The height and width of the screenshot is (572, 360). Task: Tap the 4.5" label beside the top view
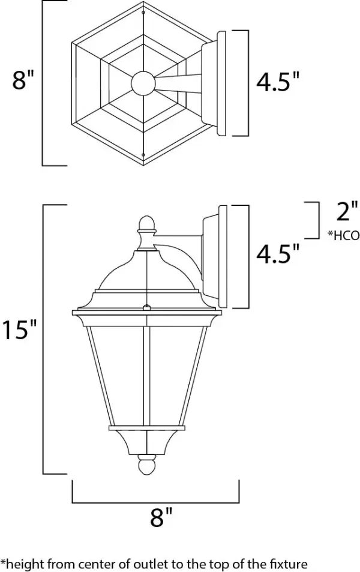point(277,82)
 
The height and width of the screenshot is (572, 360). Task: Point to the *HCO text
point(343,236)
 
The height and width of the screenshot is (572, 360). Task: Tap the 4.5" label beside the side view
point(277,254)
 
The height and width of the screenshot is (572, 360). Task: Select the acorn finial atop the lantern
point(146,226)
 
